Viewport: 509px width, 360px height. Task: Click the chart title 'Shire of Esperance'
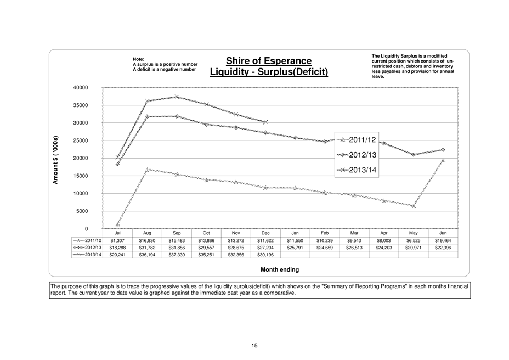click(269, 60)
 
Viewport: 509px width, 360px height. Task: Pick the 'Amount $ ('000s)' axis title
click(56, 160)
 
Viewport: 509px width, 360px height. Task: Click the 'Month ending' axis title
click(280, 269)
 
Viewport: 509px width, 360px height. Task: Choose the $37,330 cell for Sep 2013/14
click(177, 255)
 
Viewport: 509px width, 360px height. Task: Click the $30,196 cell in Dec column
click(265, 255)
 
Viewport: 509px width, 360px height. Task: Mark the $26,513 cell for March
click(354, 248)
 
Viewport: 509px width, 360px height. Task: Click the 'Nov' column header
click(236, 233)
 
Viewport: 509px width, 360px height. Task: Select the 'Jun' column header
click(443, 233)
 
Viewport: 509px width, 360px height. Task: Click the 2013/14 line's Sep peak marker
click(177, 97)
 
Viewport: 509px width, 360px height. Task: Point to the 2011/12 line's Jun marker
click(443, 160)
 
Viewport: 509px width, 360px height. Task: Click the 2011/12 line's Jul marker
click(118, 224)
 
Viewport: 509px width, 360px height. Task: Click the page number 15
click(255, 345)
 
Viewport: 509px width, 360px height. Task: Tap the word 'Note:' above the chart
click(139, 59)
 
